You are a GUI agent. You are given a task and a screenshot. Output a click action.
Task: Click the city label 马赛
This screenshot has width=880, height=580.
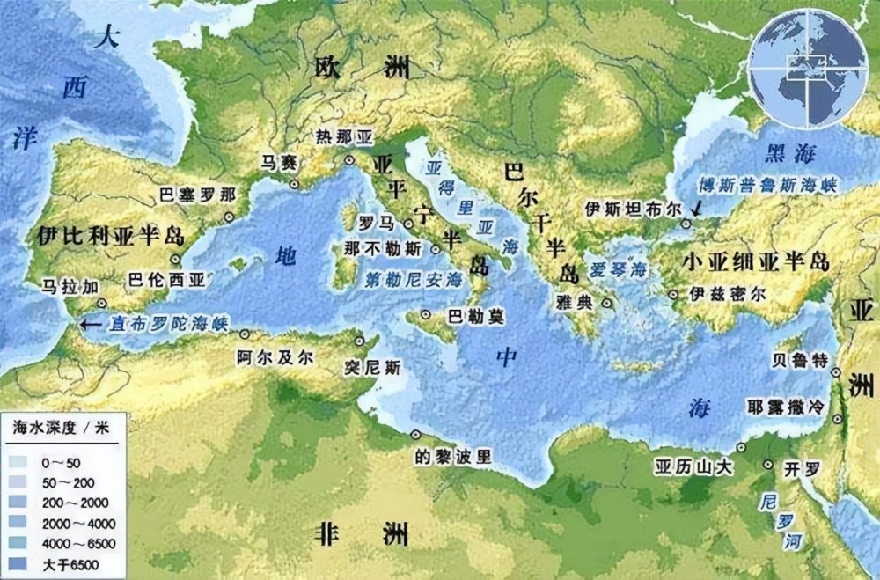tap(275, 163)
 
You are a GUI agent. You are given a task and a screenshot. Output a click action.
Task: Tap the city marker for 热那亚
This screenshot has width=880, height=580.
tap(349, 160)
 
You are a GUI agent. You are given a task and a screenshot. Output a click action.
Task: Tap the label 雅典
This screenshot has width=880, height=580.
tap(575, 301)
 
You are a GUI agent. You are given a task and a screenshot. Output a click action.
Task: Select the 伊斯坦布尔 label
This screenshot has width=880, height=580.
tap(634, 209)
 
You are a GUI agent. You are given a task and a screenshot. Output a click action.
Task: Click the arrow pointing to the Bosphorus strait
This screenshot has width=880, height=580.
tap(697, 209)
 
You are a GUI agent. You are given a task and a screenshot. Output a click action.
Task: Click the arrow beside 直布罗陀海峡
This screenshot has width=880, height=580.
tap(89, 324)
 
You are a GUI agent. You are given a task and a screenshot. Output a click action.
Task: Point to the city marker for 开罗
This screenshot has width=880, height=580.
tap(768, 465)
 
